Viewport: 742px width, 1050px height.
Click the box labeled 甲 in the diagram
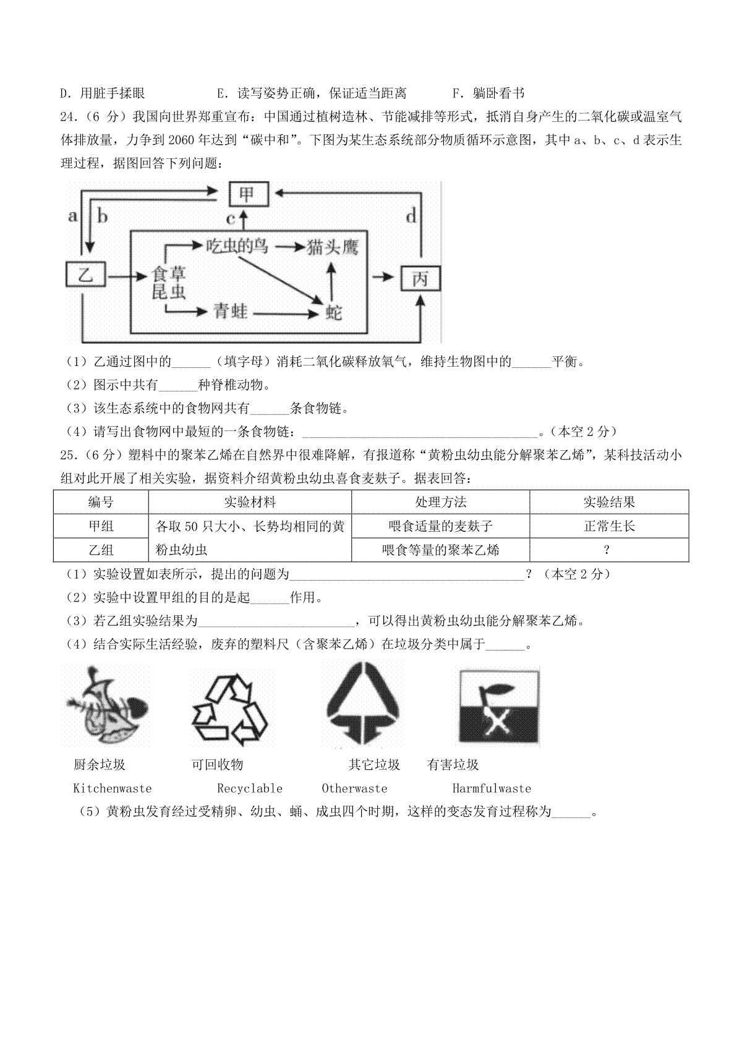click(x=249, y=194)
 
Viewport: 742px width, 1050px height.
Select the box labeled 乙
click(x=86, y=274)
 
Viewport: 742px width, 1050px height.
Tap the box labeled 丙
click(x=420, y=279)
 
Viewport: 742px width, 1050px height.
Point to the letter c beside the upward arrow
click(x=231, y=219)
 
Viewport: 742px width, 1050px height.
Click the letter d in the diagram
click(x=411, y=216)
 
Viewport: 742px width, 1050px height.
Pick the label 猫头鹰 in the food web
click(x=332, y=247)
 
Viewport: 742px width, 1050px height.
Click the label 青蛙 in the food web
click(x=230, y=311)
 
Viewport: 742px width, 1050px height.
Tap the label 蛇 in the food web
click(x=334, y=312)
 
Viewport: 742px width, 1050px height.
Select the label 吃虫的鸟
click(x=237, y=245)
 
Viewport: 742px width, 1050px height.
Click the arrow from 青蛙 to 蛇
click(x=286, y=313)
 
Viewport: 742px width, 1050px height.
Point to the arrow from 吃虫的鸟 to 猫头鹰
click(x=287, y=247)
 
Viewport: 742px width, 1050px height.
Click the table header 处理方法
click(x=441, y=502)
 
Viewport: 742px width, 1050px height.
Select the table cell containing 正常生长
click(x=609, y=526)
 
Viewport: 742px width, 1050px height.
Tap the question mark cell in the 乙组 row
click(x=609, y=550)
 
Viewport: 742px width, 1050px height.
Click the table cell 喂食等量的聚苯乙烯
click(x=441, y=550)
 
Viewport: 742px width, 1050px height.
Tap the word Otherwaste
click(x=354, y=788)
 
